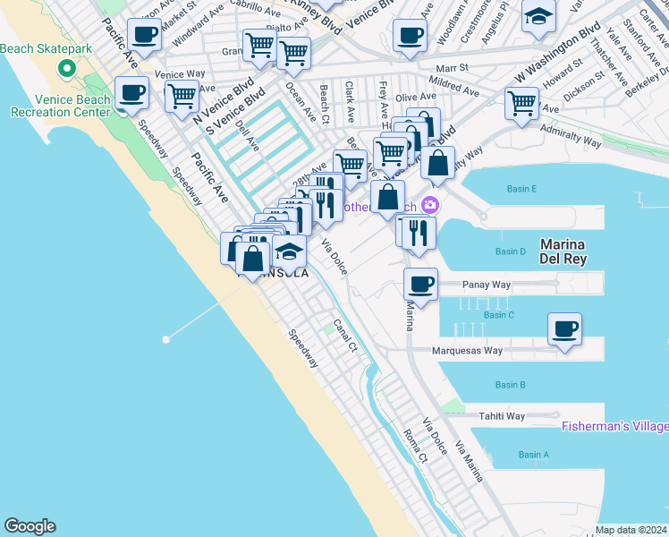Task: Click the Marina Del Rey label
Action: pyautogui.click(x=562, y=252)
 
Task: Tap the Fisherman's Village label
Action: pyautogui.click(x=614, y=426)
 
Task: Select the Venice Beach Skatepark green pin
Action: pyautogui.click(x=65, y=68)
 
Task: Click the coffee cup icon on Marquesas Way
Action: pyautogui.click(x=564, y=329)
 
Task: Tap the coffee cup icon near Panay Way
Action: pyautogui.click(x=420, y=285)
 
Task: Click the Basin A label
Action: pyautogui.click(x=534, y=455)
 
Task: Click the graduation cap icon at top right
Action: pyautogui.click(x=538, y=17)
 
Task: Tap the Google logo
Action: pyautogui.click(x=30, y=526)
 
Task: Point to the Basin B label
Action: pyautogui.click(x=509, y=385)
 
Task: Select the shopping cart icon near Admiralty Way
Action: pyautogui.click(x=521, y=102)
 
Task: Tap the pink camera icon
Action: pyautogui.click(x=430, y=205)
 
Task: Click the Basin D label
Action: pyautogui.click(x=510, y=251)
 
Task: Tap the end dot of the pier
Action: pyautogui.click(x=165, y=339)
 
